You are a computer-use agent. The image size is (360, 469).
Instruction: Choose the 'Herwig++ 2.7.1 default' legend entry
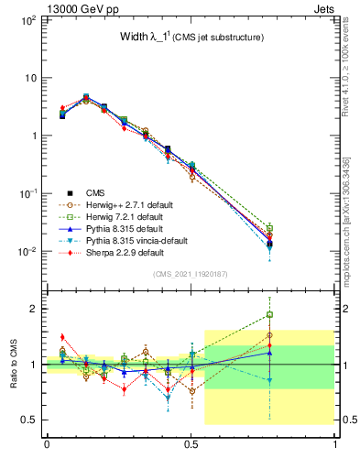pos(137,204)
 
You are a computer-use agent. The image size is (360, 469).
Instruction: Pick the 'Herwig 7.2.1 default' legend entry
pos(134,216)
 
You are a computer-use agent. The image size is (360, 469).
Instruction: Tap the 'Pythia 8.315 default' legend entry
pos(133,228)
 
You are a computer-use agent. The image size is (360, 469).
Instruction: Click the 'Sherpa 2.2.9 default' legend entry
pos(132,252)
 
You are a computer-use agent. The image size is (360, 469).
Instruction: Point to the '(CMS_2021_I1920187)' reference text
pos(191,275)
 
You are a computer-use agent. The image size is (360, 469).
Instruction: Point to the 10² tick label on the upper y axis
pos(27,19)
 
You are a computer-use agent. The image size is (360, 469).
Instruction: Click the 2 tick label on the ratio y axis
pos(34,309)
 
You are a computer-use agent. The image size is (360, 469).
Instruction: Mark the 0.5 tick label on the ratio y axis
pos(29,420)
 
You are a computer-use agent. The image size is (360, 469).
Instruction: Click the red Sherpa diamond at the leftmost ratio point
pos(62,337)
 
